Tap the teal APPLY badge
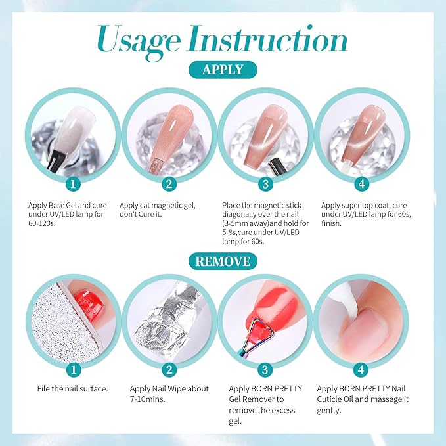[x=223, y=70]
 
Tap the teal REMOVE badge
[x=223, y=261]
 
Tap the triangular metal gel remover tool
[x=252, y=342]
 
